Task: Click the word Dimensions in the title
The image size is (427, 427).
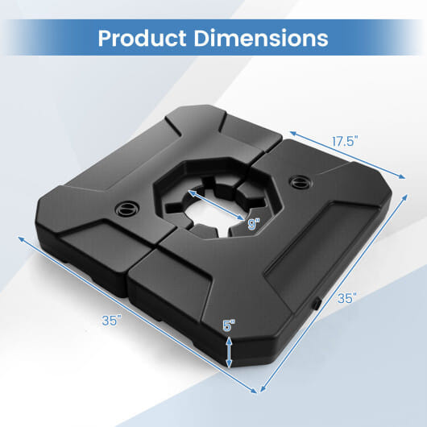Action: point(265,38)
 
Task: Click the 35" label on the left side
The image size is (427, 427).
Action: point(112,320)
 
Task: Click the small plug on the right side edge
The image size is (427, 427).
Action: point(317,303)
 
